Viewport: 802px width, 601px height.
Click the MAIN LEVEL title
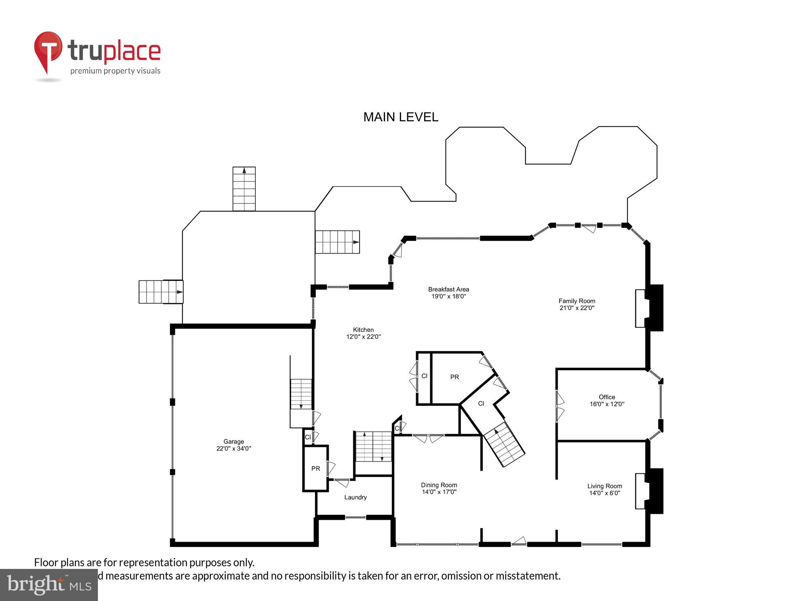401,117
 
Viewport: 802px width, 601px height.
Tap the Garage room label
234,441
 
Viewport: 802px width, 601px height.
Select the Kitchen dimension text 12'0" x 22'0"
363,336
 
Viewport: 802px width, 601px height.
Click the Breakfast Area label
448,289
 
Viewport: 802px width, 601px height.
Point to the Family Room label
577,301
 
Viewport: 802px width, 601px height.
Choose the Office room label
607,397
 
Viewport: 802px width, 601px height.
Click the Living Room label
605,486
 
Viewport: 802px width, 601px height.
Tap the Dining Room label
439,485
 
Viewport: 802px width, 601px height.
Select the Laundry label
356,497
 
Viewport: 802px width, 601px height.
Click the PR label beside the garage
316,468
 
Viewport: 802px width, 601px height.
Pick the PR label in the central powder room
454,377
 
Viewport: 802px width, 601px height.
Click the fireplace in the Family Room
649,308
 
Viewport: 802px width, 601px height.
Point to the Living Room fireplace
649,491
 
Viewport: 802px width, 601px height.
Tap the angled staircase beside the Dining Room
504,444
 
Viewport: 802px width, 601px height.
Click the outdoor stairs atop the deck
244,189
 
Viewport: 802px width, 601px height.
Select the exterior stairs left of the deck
161,292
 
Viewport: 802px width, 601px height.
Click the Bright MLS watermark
49,585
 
